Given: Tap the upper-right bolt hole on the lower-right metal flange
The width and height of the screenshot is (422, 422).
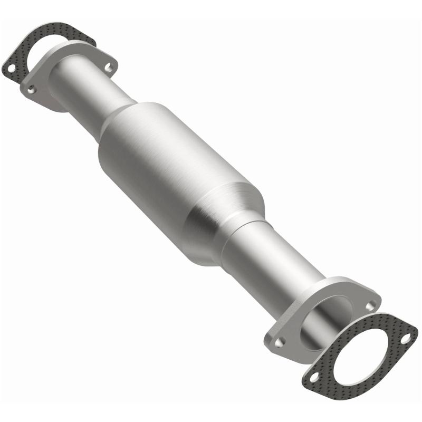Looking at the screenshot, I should click(372, 304).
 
